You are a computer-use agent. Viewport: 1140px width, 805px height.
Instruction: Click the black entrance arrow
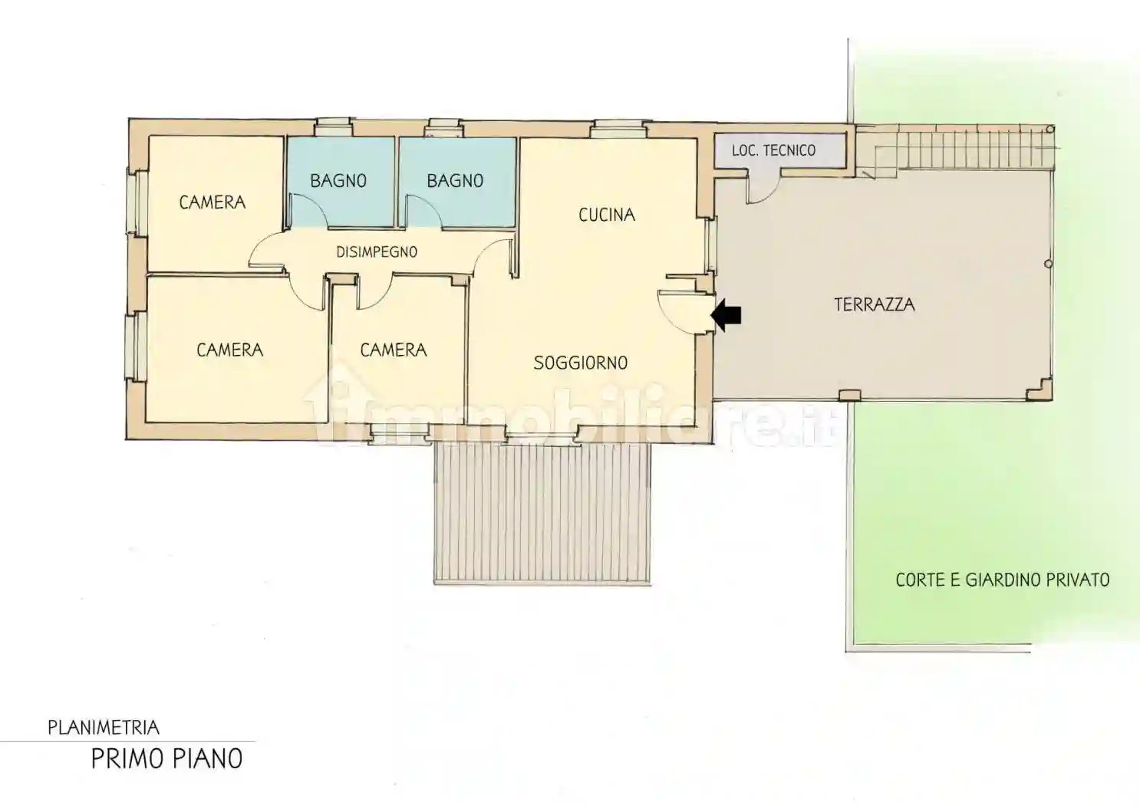click(727, 315)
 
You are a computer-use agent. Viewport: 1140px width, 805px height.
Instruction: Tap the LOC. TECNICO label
click(773, 150)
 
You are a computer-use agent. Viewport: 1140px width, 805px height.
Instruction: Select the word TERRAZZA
click(874, 304)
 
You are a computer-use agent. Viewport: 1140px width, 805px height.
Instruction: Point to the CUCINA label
click(607, 215)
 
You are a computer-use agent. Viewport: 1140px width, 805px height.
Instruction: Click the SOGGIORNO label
click(581, 363)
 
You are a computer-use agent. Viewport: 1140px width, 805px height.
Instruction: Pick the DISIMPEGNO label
click(377, 251)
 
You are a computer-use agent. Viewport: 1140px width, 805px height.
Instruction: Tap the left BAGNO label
click(338, 181)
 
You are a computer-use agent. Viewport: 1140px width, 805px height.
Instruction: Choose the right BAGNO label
click(455, 181)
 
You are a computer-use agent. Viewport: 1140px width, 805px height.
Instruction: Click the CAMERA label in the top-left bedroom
click(213, 202)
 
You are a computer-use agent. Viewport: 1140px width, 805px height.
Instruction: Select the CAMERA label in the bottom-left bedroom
click(229, 350)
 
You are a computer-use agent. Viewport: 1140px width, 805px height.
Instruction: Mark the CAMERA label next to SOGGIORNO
click(393, 350)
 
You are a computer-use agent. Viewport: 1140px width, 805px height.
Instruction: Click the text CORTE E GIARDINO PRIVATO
click(1003, 580)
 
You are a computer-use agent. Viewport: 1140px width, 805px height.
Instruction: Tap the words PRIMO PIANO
click(167, 758)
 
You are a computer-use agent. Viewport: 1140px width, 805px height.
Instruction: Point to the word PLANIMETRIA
click(104, 728)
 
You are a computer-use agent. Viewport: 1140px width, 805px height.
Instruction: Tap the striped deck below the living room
click(542, 514)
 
